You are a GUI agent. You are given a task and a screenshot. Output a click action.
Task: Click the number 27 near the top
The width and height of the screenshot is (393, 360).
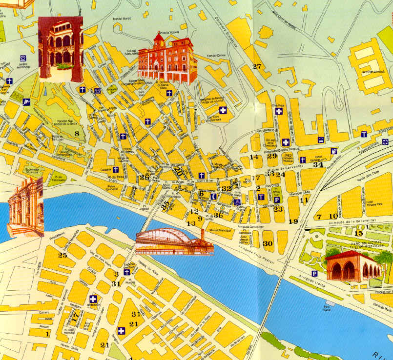(257, 67)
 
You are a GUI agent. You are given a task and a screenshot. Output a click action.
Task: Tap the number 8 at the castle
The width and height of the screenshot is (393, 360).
(77, 134)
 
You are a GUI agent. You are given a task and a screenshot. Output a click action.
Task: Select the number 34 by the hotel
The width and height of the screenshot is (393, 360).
(318, 165)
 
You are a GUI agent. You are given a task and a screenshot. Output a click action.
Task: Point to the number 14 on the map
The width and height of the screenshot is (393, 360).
(253, 157)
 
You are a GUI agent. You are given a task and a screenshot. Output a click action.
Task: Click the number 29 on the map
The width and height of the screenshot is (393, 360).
(272, 156)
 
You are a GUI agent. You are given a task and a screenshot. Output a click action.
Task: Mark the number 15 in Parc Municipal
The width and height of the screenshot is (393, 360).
(358, 233)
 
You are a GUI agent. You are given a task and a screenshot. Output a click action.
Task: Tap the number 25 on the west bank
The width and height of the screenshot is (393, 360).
(62, 255)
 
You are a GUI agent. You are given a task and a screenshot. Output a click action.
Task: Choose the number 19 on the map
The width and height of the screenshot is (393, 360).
(293, 221)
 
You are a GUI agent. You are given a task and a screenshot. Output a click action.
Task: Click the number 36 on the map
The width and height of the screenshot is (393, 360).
(218, 215)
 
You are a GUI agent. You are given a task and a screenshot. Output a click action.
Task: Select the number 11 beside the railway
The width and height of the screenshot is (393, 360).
(305, 200)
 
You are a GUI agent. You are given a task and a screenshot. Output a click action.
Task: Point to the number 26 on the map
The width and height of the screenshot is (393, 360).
(144, 178)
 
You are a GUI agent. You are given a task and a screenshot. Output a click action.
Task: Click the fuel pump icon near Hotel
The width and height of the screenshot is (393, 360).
(334, 151)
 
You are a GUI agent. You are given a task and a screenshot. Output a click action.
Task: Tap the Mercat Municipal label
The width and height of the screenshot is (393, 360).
(220, 229)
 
